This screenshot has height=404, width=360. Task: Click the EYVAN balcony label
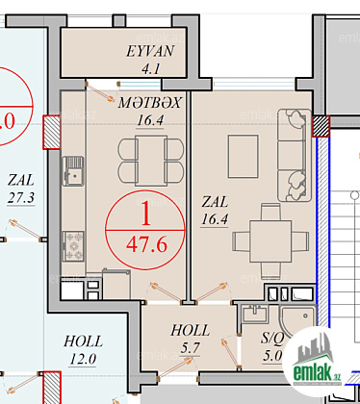pos(150,51)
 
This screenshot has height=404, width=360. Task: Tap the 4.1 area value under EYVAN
pos(151,68)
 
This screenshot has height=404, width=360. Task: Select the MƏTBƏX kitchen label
pos(149,103)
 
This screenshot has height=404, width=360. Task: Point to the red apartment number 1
pos(145,215)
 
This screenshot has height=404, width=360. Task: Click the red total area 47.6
pos(146,245)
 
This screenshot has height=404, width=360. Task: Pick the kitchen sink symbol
pos(73,171)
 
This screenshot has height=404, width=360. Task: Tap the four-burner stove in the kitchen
pos(73,246)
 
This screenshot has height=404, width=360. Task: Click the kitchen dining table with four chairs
pos(151,161)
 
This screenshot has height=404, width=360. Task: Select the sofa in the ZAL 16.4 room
pos(295,156)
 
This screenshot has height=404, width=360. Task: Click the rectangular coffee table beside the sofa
pos(243,156)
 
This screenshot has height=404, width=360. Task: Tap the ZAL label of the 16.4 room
pos(215,202)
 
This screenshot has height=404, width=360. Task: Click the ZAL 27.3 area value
pos(21,198)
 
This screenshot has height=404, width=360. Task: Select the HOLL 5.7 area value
pos(191,348)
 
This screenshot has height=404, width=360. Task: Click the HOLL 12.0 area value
pos(83,359)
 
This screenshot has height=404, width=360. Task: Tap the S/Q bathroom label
pos(272,338)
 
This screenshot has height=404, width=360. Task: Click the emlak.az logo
pos(316,363)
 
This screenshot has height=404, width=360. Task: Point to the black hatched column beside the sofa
pos(321,126)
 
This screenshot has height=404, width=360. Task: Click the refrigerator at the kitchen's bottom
pos(116,285)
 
